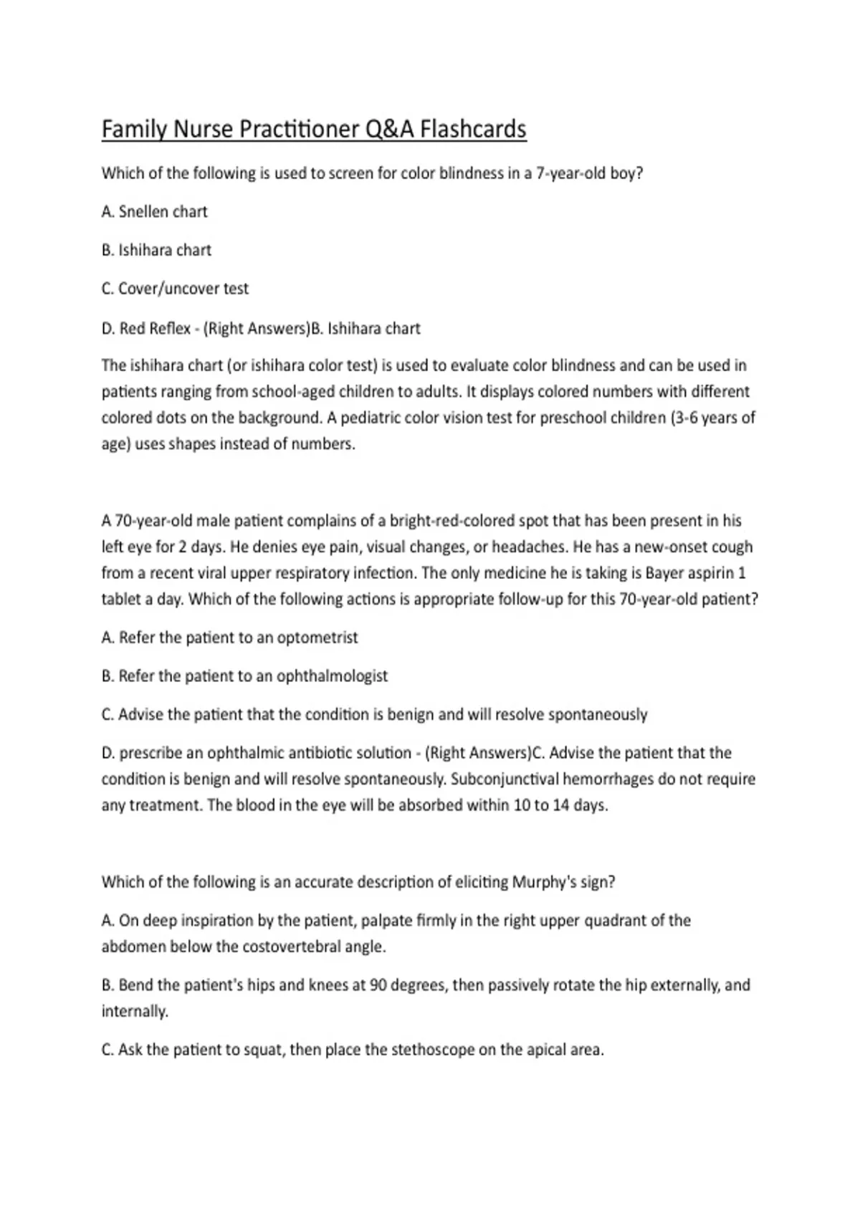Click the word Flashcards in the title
(473, 130)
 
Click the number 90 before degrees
(378, 985)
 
